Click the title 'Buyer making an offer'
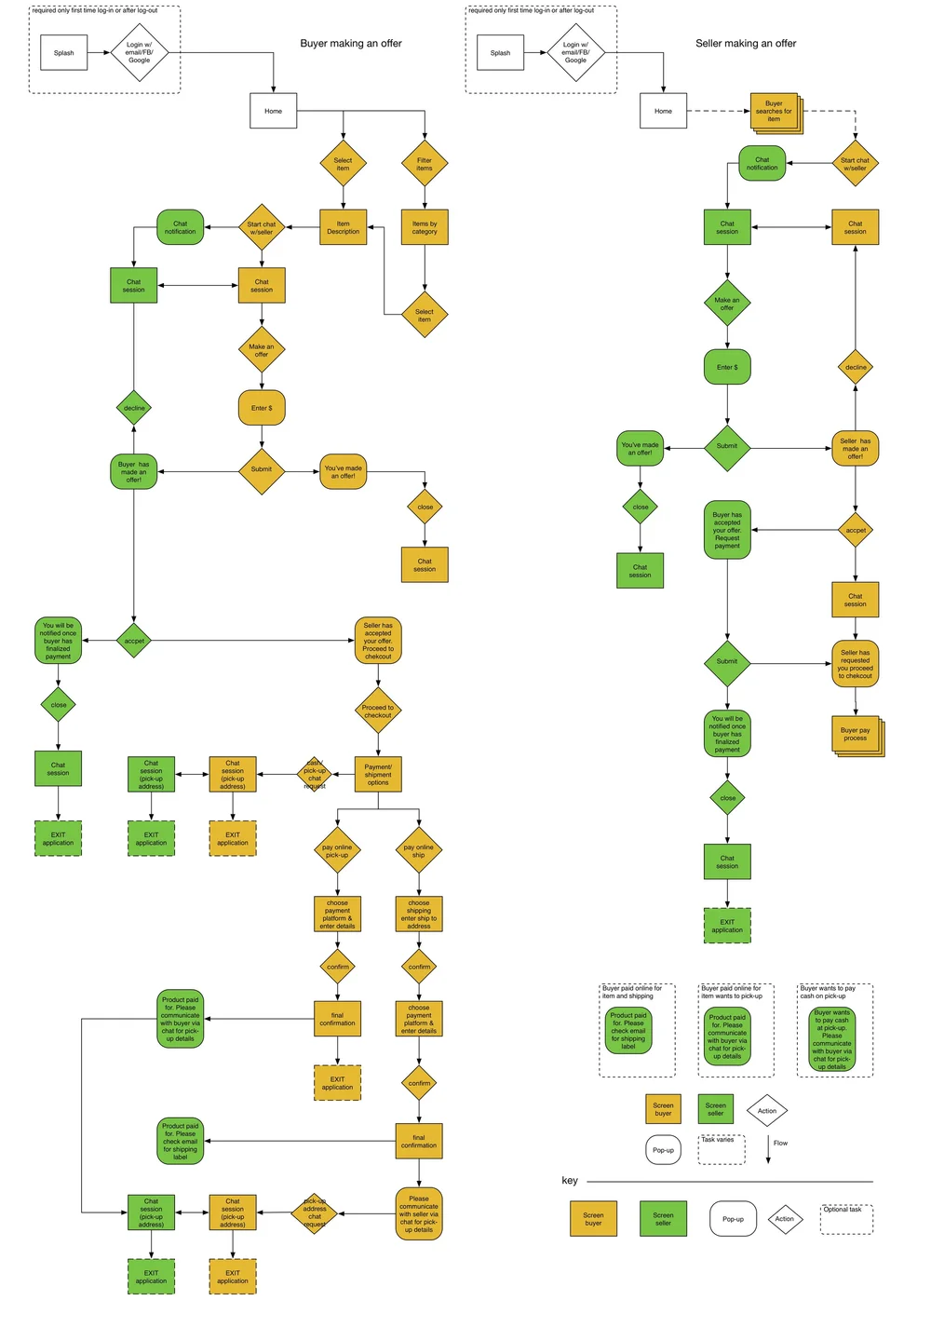click(350, 44)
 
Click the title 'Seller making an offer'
click(746, 44)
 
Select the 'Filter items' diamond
click(425, 164)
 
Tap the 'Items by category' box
click(425, 227)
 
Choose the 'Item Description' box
click(343, 227)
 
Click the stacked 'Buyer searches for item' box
click(775, 112)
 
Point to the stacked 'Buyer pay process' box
click(856, 734)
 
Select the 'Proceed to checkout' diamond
click(378, 711)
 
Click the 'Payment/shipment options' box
click(378, 774)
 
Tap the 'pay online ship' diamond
click(419, 850)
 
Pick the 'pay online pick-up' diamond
click(337, 850)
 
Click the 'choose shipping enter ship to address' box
click(419, 914)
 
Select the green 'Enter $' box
click(727, 367)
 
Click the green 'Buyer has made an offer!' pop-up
click(134, 471)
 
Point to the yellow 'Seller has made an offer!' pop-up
click(855, 448)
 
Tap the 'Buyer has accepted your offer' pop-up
click(727, 530)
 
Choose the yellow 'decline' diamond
click(856, 367)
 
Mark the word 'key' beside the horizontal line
click(570, 1180)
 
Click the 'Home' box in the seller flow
click(663, 111)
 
